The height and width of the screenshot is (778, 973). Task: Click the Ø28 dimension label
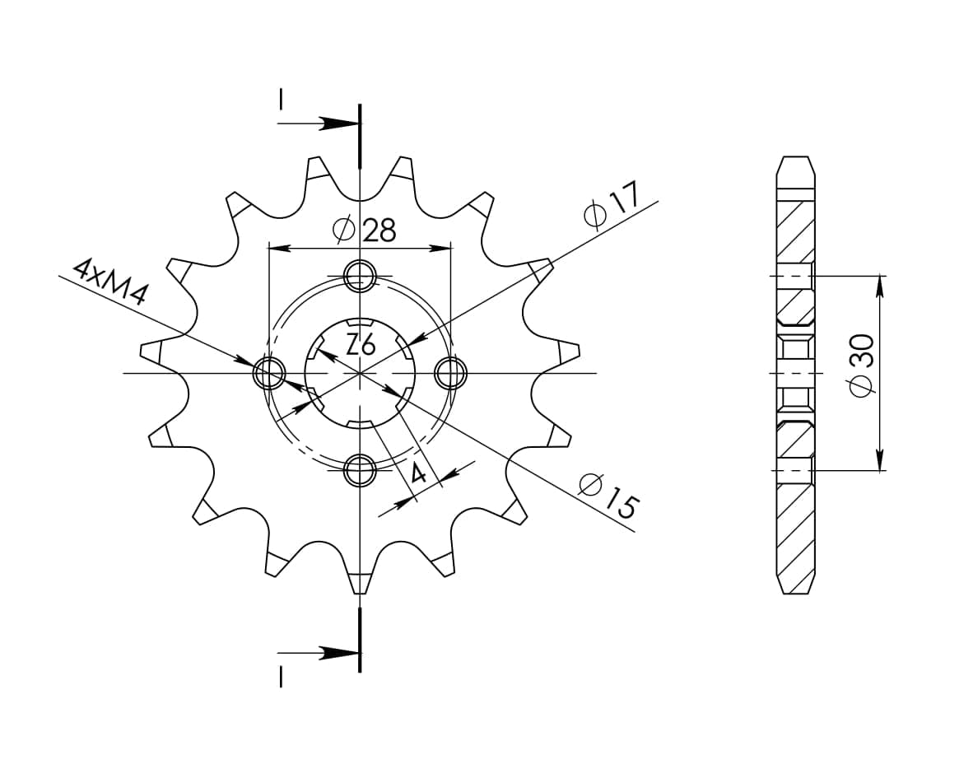(x=365, y=231)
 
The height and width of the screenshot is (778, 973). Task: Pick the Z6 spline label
(x=361, y=345)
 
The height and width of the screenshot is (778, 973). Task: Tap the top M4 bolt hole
(x=360, y=277)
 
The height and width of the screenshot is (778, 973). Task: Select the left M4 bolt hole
(x=268, y=374)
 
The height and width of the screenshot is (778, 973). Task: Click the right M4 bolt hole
(x=450, y=374)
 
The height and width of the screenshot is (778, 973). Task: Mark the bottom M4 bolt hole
(x=360, y=472)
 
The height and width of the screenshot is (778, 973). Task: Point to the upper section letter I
(x=281, y=100)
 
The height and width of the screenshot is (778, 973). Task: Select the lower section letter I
(x=281, y=677)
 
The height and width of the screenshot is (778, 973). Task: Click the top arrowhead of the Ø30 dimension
(x=880, y=284)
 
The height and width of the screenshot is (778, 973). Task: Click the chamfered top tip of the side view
(x=795, y=159)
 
